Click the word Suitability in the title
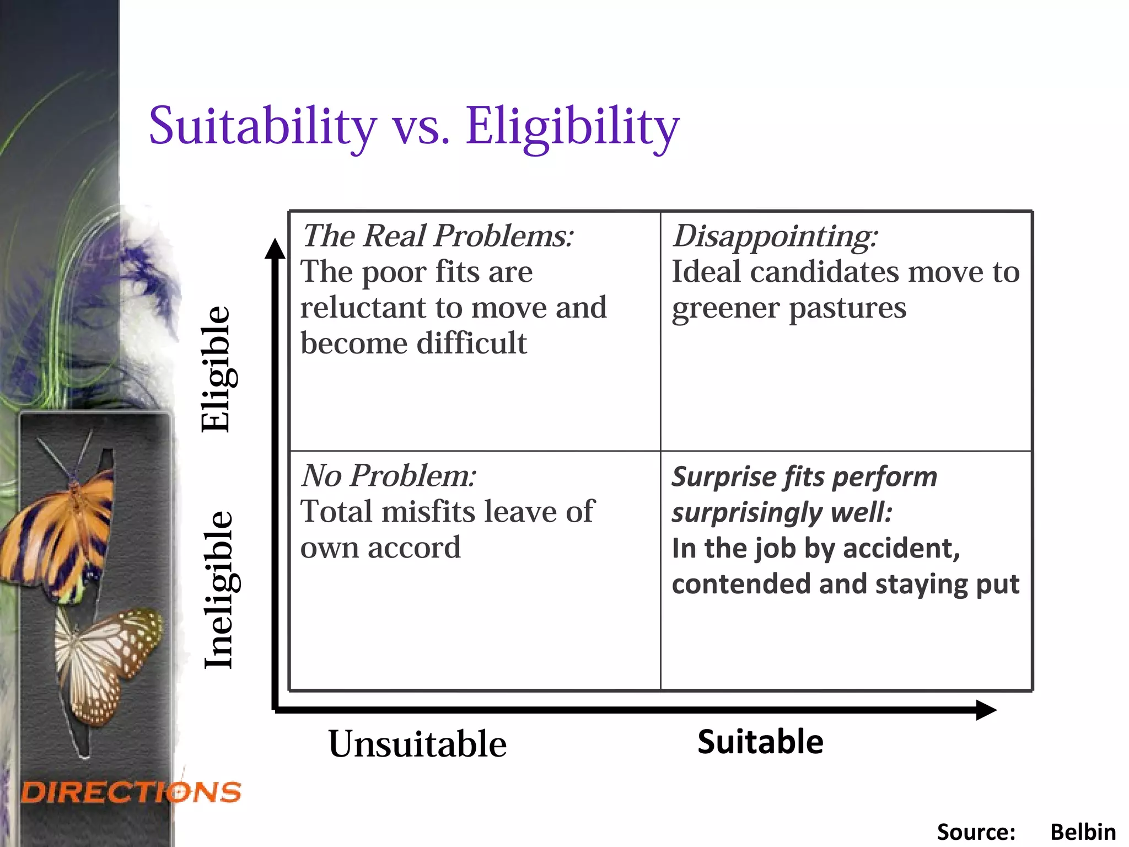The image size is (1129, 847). pyautogui.click(x=262, y=127)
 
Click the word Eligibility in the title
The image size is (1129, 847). pyautogui.click(x=572, y=127)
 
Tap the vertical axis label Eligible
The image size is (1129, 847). pyautogui.click(x=216, y=369)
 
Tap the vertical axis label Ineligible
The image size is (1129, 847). pyautogui.click(x=219, y=590)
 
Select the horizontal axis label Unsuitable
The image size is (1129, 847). pyautogui.click(x=417, y=744)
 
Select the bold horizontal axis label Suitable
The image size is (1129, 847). pyautogui.click(x=760, y=742)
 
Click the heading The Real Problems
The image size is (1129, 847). pyautogui.click(x=438, y=236)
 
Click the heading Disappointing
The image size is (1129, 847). pyautogui.click(x=775, y=236)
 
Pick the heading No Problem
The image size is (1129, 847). pyautogui.click(x=389, y=475)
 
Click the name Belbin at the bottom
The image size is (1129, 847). pyautogui.click(x=1083, y=832)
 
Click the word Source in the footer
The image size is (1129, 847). pyautogui.click(x=976, y=832)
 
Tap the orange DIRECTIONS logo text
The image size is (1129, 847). pyautogui.click(x=131, y=792)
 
